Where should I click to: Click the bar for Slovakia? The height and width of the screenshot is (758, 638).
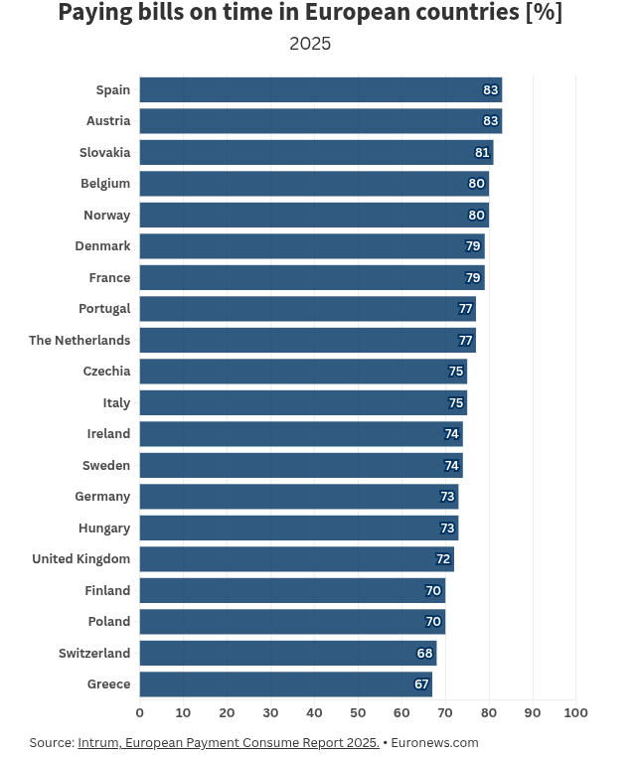[x=316, y=152]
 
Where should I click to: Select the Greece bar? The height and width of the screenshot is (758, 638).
[x=285, y=684]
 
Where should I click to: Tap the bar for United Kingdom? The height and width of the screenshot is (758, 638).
[x=296, y=559]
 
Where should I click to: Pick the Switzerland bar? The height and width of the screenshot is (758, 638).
[x=287, y=654]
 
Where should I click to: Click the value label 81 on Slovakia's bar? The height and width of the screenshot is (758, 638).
[x=482, y=153]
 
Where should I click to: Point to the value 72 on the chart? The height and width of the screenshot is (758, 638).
[x=443, y=559]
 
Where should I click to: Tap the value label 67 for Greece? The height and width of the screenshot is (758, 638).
[x=421, y=684]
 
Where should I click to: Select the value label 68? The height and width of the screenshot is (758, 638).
[x=425, y=654]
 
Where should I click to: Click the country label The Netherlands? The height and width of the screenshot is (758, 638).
[x=80, y=340]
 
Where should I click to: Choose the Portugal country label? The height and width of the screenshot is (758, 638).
[x=104, y=309]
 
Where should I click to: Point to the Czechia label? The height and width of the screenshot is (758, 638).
[x=106, y=372]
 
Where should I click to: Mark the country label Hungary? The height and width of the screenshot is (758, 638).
[x=104, y=528]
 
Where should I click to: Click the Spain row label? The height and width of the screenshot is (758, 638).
[x=112, y=90]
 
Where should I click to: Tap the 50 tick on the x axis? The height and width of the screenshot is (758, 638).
[x=358, y=712]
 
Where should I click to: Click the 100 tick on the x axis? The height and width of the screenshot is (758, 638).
[x=576, y=712]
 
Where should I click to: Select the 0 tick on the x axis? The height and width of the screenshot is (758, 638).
[x=139, y=712]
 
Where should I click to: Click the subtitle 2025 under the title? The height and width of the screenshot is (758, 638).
[x=310, y=44]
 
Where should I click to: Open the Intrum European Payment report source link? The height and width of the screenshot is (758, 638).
[x=229, y=742]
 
